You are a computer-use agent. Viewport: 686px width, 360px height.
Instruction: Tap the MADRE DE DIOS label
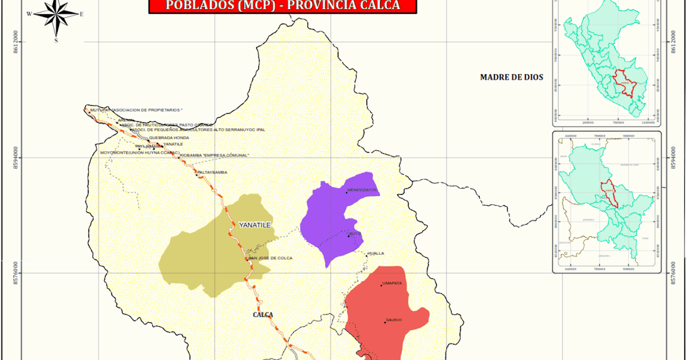(x=511, y=77)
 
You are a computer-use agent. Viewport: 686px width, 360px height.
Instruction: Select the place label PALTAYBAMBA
(x=213, y=172)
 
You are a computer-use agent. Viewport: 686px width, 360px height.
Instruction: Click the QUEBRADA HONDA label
(x=169, y=138)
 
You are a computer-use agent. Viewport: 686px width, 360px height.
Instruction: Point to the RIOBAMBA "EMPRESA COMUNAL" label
(x=215, y=155)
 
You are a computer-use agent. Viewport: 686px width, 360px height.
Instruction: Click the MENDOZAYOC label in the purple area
(x=362, y=190)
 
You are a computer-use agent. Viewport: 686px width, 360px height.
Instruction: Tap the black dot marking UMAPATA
(x=381, y=285)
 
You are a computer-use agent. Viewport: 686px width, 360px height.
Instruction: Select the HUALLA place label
(x=376, y=253)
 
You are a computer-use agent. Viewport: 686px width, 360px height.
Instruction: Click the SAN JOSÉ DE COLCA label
(x=272, y=258)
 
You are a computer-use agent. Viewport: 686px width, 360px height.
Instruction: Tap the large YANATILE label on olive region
(x=254, y=225)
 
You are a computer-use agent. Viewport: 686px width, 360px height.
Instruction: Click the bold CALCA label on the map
(x=263, y=315)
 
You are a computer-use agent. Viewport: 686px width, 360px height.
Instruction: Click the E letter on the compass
(x=82, y=14)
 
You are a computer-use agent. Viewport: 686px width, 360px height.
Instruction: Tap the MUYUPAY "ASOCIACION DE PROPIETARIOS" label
(x=136, y=109)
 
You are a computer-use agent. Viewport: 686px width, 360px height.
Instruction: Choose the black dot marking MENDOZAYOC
(x=346, y=193)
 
